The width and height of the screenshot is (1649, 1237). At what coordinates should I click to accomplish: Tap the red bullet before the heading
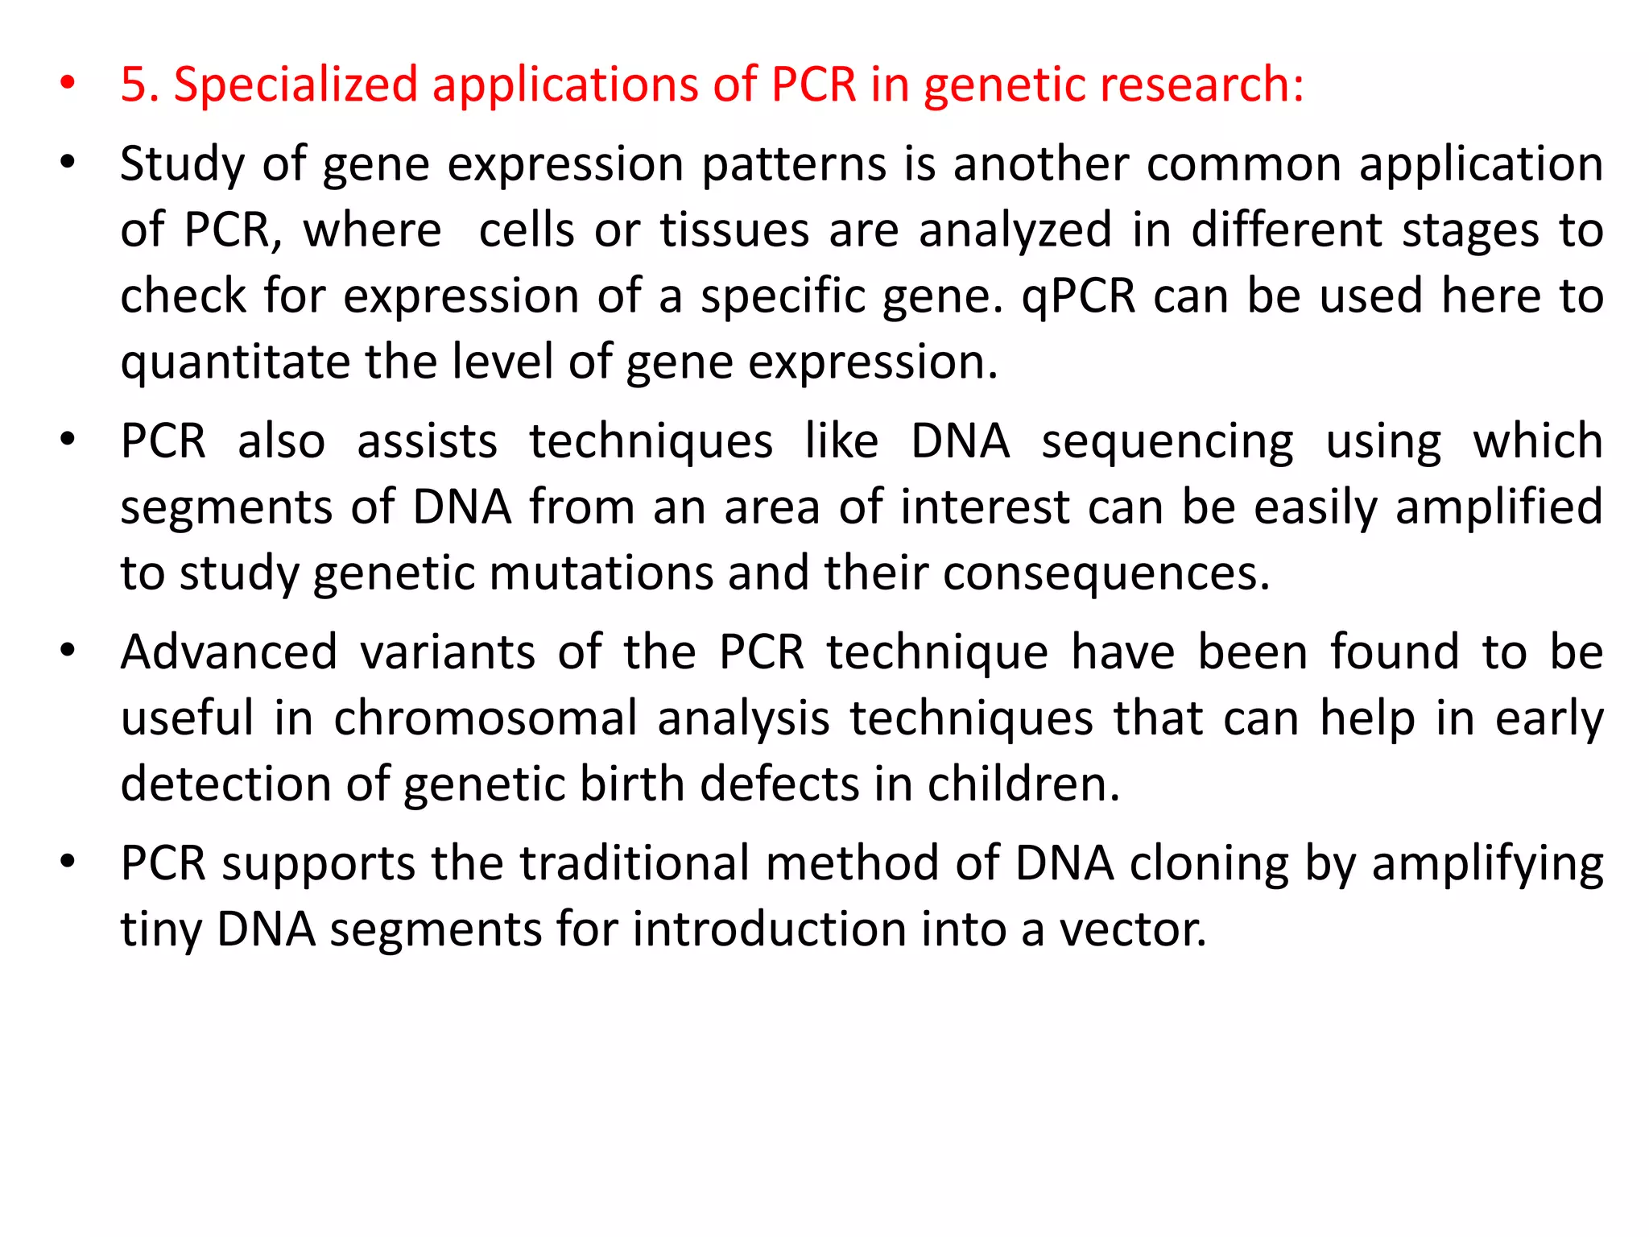(x=68, y=83)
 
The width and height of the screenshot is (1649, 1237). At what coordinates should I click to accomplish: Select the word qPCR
(x=1078, y=297)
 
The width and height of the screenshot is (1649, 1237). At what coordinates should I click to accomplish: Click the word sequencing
(x=1168, y=443)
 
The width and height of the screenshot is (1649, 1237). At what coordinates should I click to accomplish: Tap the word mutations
(x=601, y=574)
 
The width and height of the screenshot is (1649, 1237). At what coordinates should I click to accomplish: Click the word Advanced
(x=229, y=652)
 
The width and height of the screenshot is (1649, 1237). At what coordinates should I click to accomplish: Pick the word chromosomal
(x=486, y=718)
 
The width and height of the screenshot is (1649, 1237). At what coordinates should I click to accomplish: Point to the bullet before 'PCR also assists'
(x=68, y=441)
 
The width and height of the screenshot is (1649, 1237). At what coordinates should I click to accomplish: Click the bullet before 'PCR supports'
(x=68, y=862)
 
